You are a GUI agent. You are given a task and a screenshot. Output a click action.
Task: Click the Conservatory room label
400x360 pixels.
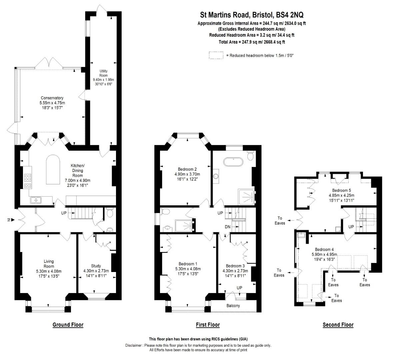52,98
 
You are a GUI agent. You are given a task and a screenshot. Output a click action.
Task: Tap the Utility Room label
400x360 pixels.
103,73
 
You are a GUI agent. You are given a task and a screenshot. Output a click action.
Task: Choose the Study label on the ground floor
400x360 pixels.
96,266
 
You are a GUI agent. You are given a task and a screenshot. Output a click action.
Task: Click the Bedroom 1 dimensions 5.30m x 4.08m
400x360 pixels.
188,269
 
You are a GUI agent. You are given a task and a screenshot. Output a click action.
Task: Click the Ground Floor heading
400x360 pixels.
68,325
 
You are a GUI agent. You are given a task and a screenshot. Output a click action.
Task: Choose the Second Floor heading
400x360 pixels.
338,325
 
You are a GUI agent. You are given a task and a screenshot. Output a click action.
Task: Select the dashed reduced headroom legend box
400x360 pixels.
216,55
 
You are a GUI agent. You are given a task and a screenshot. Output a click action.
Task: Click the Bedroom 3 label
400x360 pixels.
235,266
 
